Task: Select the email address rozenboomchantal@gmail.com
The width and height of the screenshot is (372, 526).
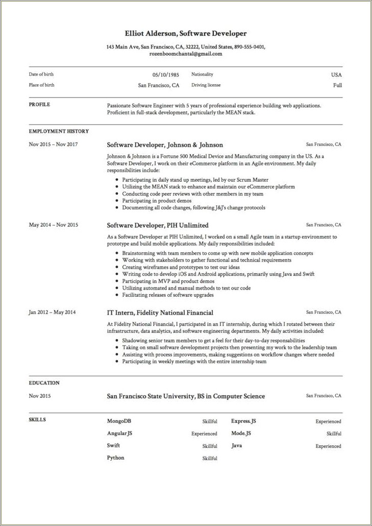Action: point(186,54)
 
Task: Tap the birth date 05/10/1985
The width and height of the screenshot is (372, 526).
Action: point(165,75)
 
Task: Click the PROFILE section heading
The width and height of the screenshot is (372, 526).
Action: point(39,105)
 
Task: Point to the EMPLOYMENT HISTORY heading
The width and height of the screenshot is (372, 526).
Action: point(59,132)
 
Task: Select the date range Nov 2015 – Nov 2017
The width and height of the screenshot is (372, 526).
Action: point(53,145)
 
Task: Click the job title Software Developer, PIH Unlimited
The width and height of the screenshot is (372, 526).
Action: point(157,225)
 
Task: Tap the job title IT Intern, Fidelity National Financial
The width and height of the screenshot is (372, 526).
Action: point(160,313)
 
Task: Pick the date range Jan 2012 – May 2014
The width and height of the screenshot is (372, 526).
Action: point(52,313)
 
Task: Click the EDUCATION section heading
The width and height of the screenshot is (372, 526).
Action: point(44,383)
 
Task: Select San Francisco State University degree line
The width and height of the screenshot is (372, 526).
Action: point(186,396)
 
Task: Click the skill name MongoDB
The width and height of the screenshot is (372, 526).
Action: point(119,421)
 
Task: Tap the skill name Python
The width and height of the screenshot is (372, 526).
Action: point(115,458)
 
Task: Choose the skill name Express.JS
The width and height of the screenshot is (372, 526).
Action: point(243,421)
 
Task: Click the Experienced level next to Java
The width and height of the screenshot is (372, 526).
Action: point(328,446)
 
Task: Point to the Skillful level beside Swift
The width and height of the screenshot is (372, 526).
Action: point(209,446)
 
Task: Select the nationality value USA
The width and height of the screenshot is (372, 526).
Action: point(336,75)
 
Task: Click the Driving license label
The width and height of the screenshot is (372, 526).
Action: point(206,85)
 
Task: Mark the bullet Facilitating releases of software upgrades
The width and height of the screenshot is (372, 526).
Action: point(168,295)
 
